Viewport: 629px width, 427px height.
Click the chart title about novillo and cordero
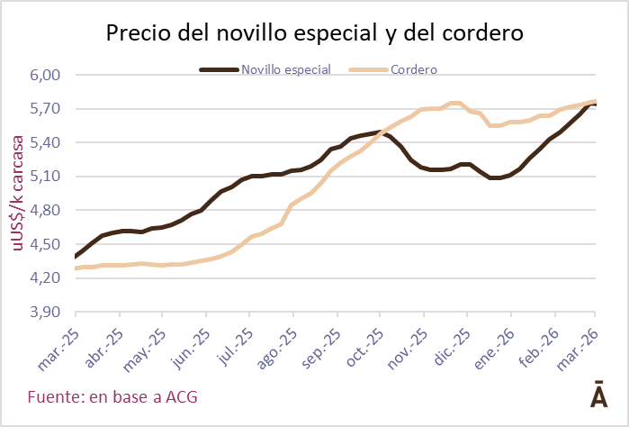pos(314,33)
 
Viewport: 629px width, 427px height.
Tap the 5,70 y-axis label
pos(46,109)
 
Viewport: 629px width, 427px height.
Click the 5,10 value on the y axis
pos(46,177)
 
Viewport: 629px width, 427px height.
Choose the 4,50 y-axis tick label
pos(46,244)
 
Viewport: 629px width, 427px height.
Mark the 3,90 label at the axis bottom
pos(46,312)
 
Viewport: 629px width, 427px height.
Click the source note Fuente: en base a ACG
pos(112,396)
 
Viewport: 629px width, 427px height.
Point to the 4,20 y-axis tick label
pos(46,277)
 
